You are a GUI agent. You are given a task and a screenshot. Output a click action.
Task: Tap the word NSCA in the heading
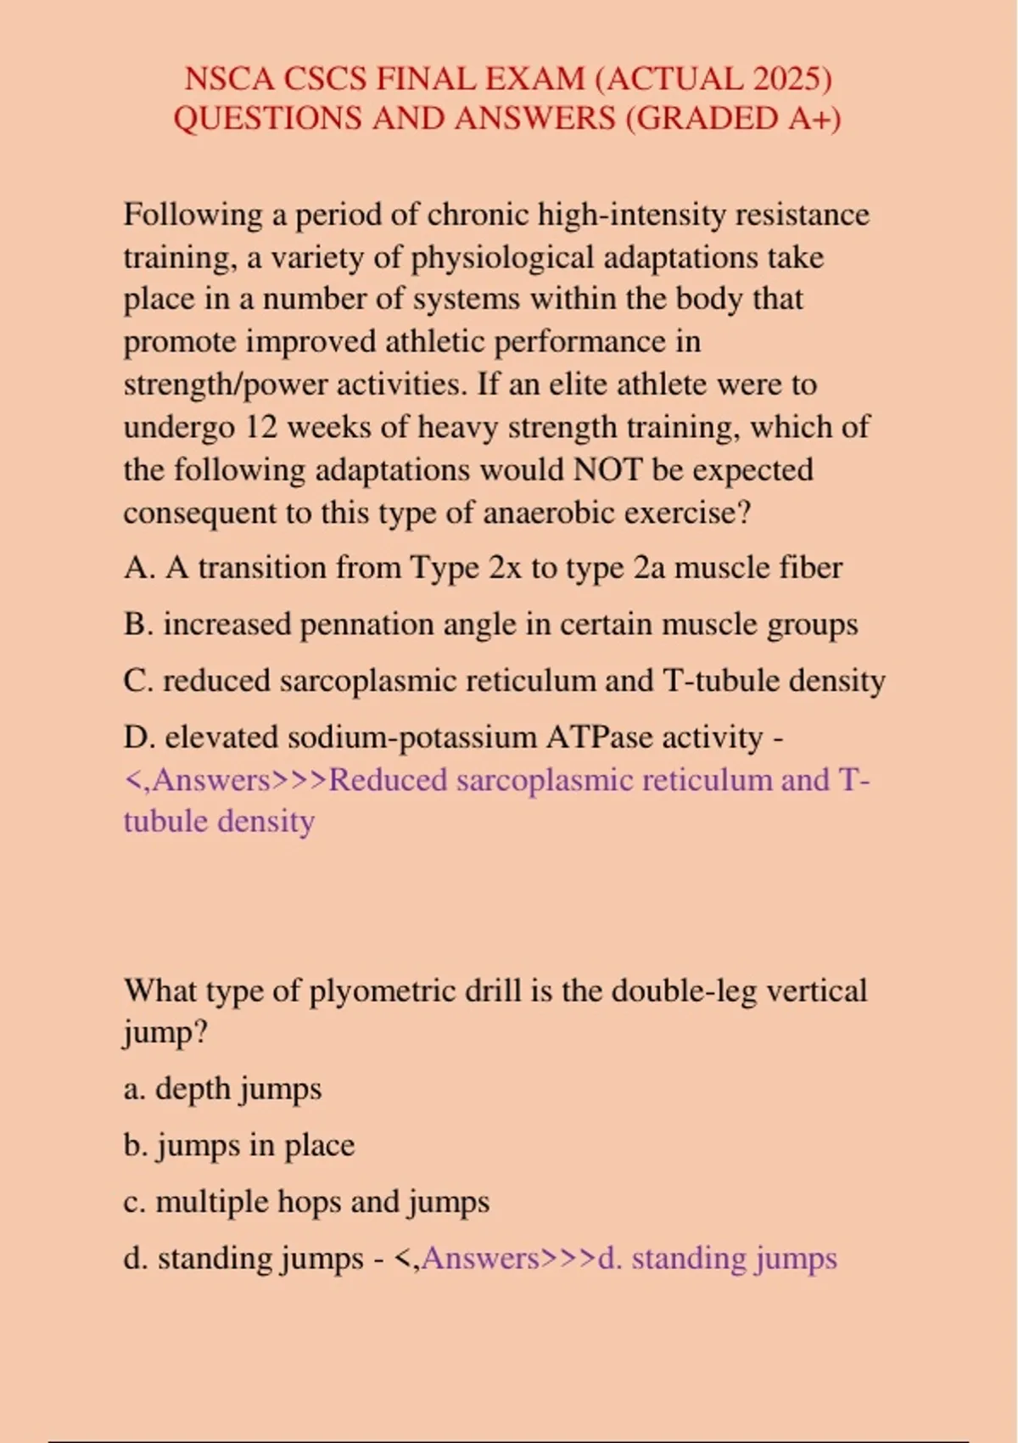coord(229,79)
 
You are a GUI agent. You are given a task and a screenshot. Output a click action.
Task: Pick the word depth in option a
coord(193,1088)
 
